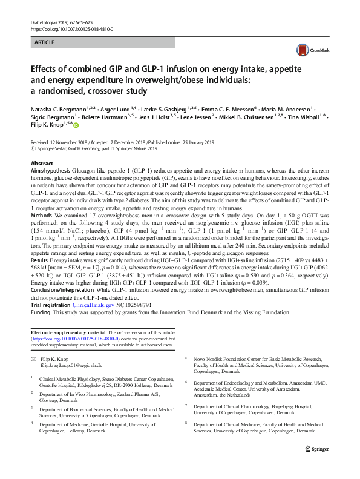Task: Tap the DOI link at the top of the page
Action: tap(71, 29)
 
